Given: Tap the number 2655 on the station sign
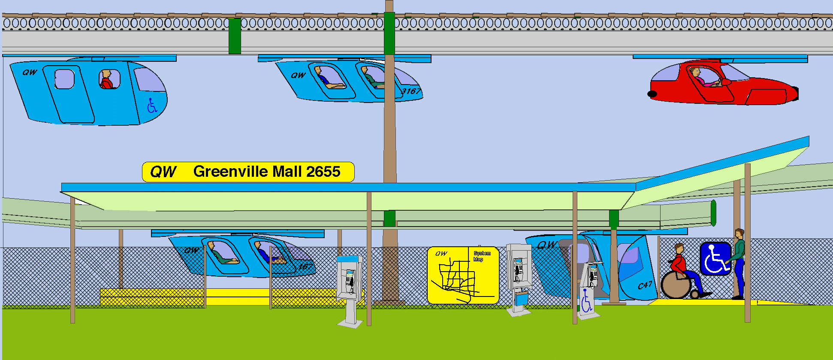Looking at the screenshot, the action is (323, 172).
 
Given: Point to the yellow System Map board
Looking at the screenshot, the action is (463, 275).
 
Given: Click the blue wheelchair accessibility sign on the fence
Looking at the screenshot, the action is (715, 258).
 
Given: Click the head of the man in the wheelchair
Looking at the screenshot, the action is (679, 248).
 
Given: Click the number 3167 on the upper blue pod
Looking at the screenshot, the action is (410, 91).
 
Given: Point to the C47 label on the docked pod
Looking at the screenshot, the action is (645, 285).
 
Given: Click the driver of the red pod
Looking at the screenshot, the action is (698, 76).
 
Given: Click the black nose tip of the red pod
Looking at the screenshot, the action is (652, 94).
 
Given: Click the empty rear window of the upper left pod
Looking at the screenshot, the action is (64, 79).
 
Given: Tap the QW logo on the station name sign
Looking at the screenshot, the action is (163, 172).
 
